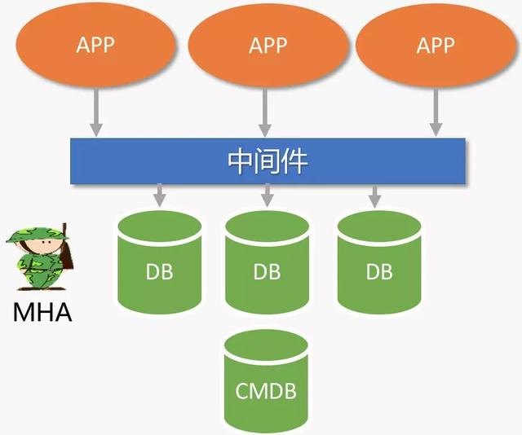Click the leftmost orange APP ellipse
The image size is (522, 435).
tap(95, 44)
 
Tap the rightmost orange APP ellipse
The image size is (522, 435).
tap(435, 44)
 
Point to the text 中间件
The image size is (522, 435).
tap(267, 160)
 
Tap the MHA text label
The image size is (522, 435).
tap(42, 311)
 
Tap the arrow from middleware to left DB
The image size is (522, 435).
tap(160, 196)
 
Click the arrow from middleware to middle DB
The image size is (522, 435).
tap(267, 196)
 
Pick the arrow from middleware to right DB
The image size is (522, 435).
tap(374, 196)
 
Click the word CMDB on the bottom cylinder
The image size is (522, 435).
tap(266, 392)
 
